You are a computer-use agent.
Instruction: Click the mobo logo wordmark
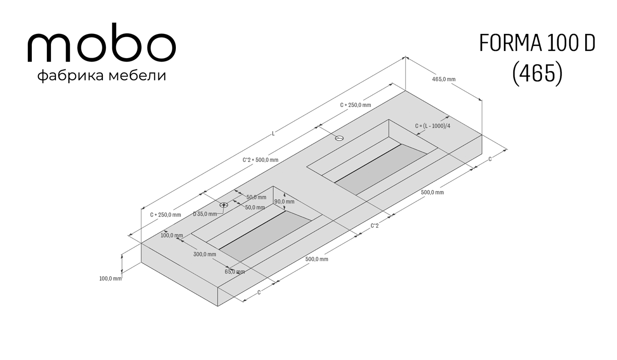pos(102,43)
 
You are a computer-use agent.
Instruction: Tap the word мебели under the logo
pos(137,75)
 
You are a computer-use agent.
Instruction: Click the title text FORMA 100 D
pos(537,43)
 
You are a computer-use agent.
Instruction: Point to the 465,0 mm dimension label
pos(444,79)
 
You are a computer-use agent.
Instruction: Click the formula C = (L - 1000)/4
pos(433,126)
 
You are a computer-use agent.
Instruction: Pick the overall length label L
pos(273,134)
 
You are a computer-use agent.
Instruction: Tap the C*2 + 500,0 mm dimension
pos(260,160)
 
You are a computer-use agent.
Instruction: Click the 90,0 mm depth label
pos(284,202)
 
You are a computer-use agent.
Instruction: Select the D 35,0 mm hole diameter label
pos(205,214)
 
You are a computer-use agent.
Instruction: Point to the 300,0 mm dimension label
pos(205,254)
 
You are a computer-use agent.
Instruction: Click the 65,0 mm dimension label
pos(234,272)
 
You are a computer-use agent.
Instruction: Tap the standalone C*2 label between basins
pos(375,226)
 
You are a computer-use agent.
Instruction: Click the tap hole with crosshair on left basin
pos(224,205)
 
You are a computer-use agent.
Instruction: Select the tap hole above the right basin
pos(339,138)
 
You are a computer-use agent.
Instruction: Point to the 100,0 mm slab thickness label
pos(110,278)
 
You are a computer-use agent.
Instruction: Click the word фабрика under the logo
pos(71,76)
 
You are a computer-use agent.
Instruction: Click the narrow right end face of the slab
pos(350,220)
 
